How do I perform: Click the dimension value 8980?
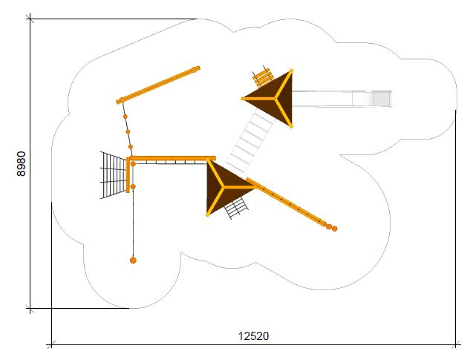(x=22, y=163)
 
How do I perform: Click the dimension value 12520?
(x=253, y=336)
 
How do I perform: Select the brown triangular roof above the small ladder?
(x=225, y=188)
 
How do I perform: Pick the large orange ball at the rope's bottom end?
(x=133, y=260)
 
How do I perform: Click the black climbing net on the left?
(x=114, y=175)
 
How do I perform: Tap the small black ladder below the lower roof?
(x=236, y=207)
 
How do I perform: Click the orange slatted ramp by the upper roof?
(x=261, y=77)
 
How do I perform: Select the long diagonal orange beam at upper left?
(x=158, y=85)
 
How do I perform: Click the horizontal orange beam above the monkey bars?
(x=173, y=158)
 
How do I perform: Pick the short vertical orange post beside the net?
(x=128, y=175)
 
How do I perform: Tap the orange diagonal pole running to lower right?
(x=286, y=202)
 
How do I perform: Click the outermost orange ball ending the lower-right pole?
(x=334, y=229)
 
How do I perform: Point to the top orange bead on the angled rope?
(x=125, y=117)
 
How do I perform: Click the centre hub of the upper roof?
(x=275, y=98)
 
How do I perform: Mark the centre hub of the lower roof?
(x=223, y=188)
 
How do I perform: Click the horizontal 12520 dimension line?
(x=253, y=344)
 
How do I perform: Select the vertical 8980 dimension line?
(x=30, y=163)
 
